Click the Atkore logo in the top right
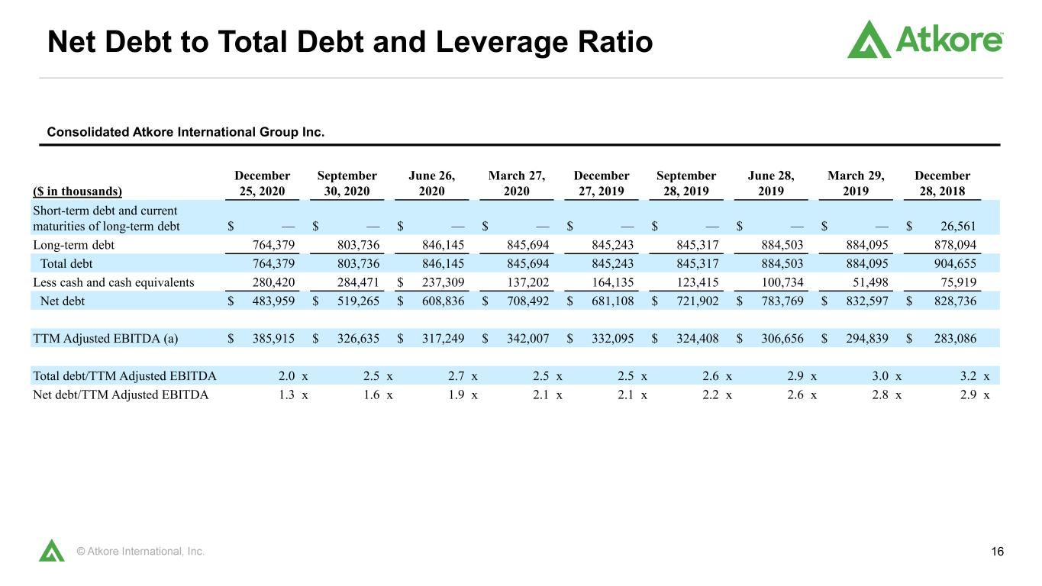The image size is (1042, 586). click(x=924, y=39)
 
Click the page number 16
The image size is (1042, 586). click(x=997, y=552)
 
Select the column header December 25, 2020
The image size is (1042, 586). click(x=262, y=183)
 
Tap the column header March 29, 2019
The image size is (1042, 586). click(x=856, y=183)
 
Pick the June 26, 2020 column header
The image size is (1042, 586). click(x=432, y=183)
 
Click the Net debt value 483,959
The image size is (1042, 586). click(x=273, y=301)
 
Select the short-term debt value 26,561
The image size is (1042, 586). click(x=958, y=226)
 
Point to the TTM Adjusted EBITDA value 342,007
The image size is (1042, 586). click(x=528, y=338)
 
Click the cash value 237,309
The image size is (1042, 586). click(x=443, y=282)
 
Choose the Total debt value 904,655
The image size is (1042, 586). click(x=955, y=264)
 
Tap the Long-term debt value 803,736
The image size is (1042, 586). click(x=358, y=245)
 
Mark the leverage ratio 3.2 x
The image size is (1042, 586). click(x=975, y=375)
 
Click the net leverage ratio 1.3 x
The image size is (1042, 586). click(x=293, y=394)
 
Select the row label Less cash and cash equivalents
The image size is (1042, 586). click(x=114, y=282)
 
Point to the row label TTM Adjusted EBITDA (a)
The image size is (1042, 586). click(x=105, y=338)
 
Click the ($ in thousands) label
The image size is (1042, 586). click(x=77, y=192)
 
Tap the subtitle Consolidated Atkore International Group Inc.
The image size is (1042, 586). click(x=185, y=132)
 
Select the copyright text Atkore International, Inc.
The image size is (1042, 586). click(x=140, y=552)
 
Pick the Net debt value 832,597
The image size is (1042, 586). click(x=867, y=301)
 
